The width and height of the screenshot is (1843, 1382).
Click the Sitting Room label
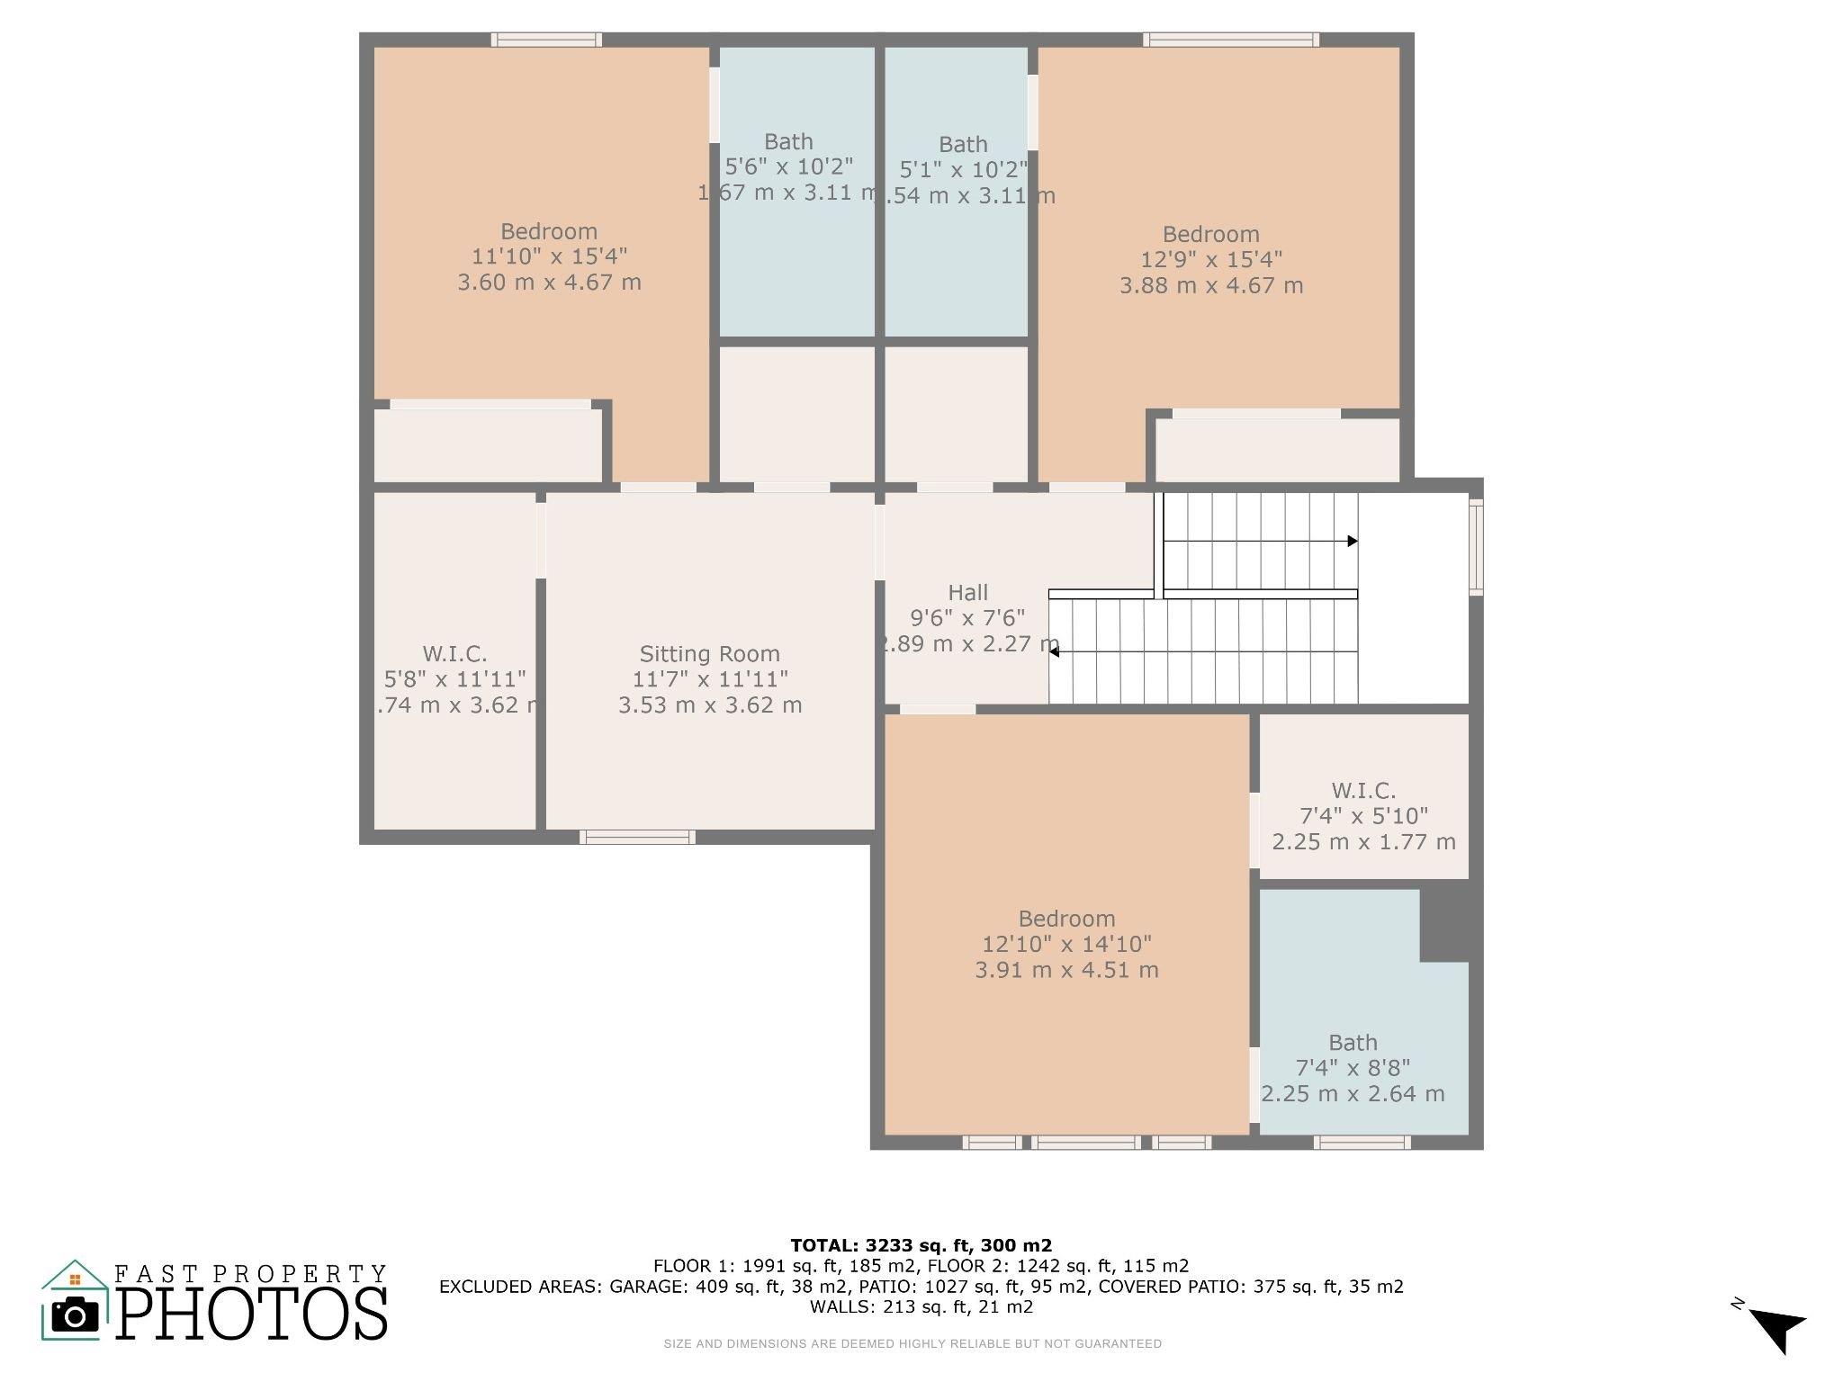pyautogui.click(x=710, y=654)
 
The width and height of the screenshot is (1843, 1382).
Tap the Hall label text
pyautogui.click(x=968, y=593)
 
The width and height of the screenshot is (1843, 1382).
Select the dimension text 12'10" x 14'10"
pyautogui.click(x=1067, y=945)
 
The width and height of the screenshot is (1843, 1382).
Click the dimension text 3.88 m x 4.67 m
pyautogui.click(x=1211, y=285)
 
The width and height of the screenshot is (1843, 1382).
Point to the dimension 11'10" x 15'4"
pyautogui.click(x=550, y=256)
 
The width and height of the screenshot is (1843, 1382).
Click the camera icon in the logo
pyautogui.click(x=76, y=1316)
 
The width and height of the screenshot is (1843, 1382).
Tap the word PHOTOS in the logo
pyautogui.click(x=253, y=1315)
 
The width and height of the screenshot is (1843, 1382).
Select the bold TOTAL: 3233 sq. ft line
pyautogui.click(x=921, y=1245)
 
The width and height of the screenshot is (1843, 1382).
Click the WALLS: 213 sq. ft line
pyautogui.click(x=921, y=1307)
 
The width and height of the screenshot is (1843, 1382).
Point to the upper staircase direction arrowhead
pyautogui.click(x=1353, y=541)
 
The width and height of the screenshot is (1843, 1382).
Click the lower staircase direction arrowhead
pyautogui.click(x=1054, y=651)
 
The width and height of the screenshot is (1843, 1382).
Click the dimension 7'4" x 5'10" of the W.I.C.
pyautogui.click(x=1364, y=816)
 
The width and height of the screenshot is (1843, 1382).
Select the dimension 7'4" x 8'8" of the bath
pyautogui.click(x=1353, y=1068)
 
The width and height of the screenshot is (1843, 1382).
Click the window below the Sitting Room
pyautogui.click(x=637, y=837)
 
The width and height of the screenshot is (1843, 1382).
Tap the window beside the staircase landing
pyautogui.click(x=1476, y=547)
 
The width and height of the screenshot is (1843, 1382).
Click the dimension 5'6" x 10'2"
pyautogui.click(x=789, y=166)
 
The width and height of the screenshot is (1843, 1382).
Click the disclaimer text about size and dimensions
pyautogui.click(x=913, y=1344)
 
